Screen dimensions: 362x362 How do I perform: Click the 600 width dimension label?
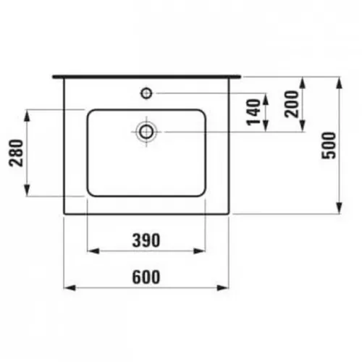click(146, 277)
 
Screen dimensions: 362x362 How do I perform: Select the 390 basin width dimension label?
click(146, 240)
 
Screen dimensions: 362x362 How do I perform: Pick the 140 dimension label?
click(253, 112)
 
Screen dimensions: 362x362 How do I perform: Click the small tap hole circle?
click(147, 92)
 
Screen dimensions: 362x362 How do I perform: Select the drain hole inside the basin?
click(147, 131)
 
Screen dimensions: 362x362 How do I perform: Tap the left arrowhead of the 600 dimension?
click(68, 288)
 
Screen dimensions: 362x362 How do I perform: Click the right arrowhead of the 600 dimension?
click(227, 288)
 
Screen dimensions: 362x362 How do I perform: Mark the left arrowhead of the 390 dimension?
click(90, 251)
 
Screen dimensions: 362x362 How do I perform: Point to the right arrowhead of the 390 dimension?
click(203, 251)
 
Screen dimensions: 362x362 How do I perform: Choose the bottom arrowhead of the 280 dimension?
click(30, 193)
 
